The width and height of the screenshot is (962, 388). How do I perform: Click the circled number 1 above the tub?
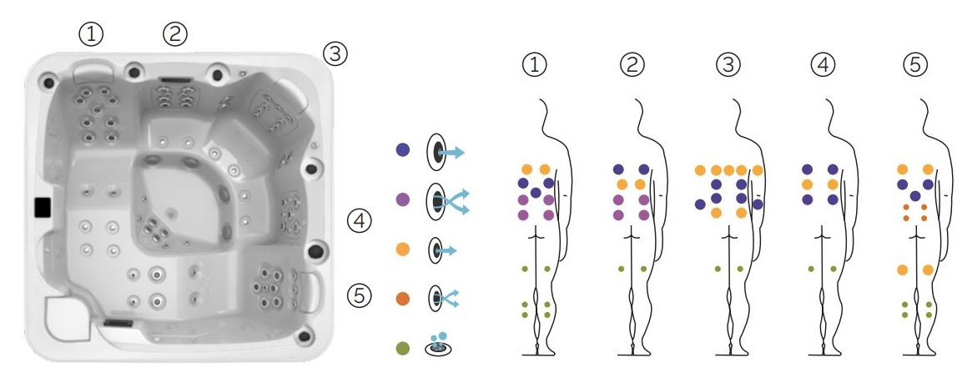(91, 33)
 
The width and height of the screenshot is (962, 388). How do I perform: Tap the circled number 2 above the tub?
(174, 33)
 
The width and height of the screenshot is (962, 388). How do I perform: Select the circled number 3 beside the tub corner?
(335, 54)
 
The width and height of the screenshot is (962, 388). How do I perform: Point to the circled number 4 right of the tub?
(358, 222)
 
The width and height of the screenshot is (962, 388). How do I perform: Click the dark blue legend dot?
(404, 151)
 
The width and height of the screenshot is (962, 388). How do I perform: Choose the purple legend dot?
(404, 200)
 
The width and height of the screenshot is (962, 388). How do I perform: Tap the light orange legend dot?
(404, 249)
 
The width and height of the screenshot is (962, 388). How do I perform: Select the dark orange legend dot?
(404, 297)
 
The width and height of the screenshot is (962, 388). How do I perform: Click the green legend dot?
(404, 346)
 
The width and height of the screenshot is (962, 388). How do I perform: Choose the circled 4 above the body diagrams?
(823, 64)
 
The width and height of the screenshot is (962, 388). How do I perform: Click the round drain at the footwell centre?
(171, 214)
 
